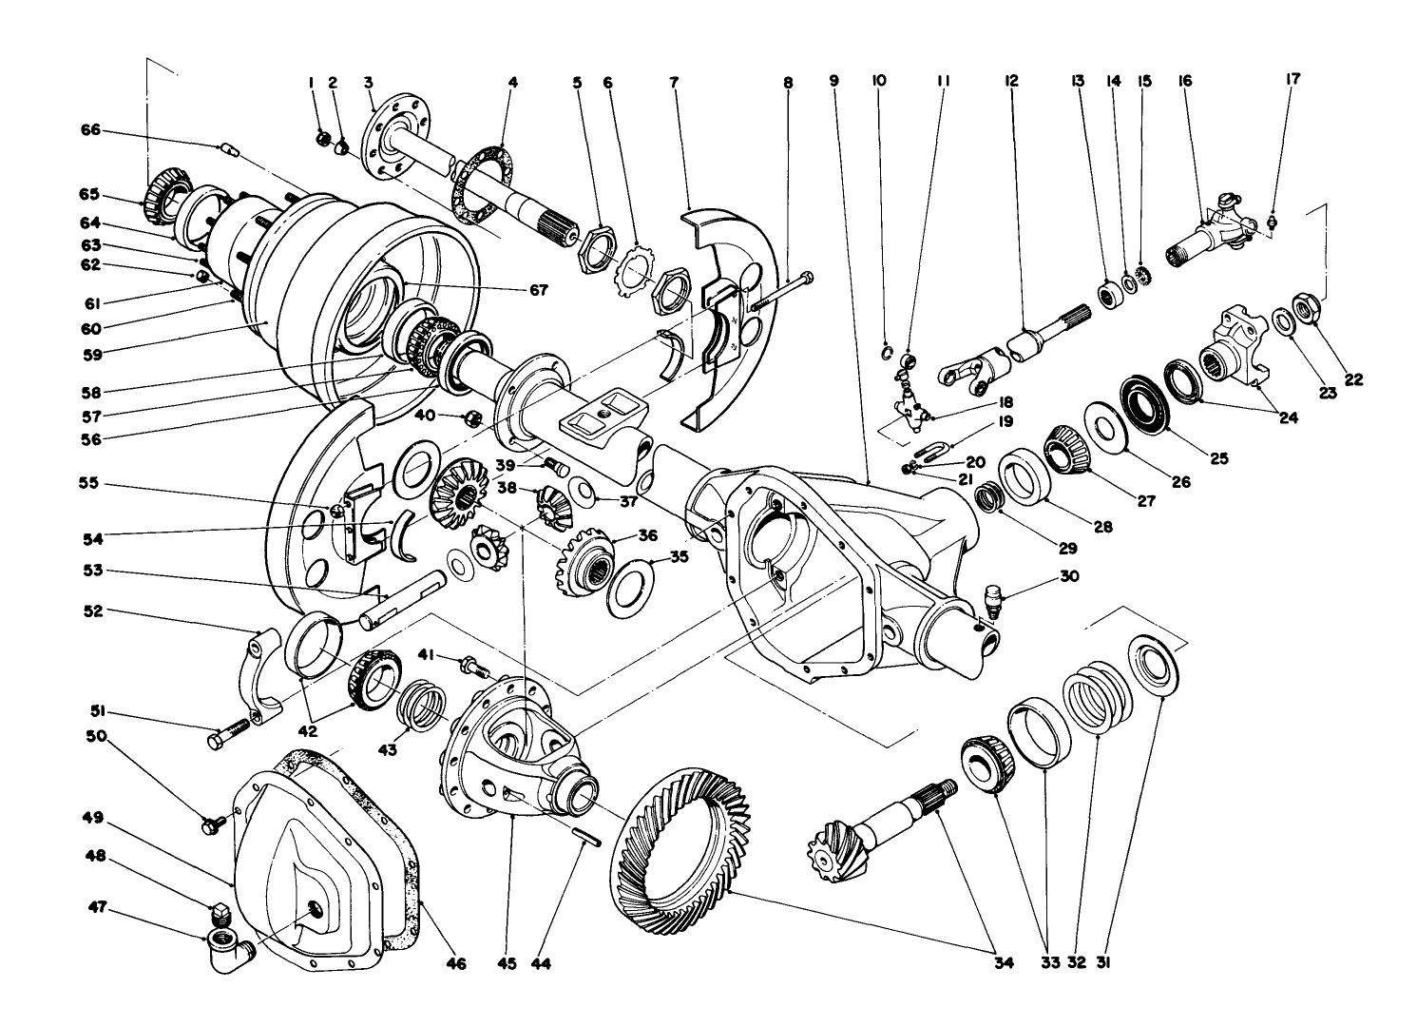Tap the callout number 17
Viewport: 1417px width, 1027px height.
(x=1293, y=81)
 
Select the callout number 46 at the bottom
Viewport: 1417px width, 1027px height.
(x=457, y=964)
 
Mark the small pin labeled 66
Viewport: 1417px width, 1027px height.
(x=227, y=147)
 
